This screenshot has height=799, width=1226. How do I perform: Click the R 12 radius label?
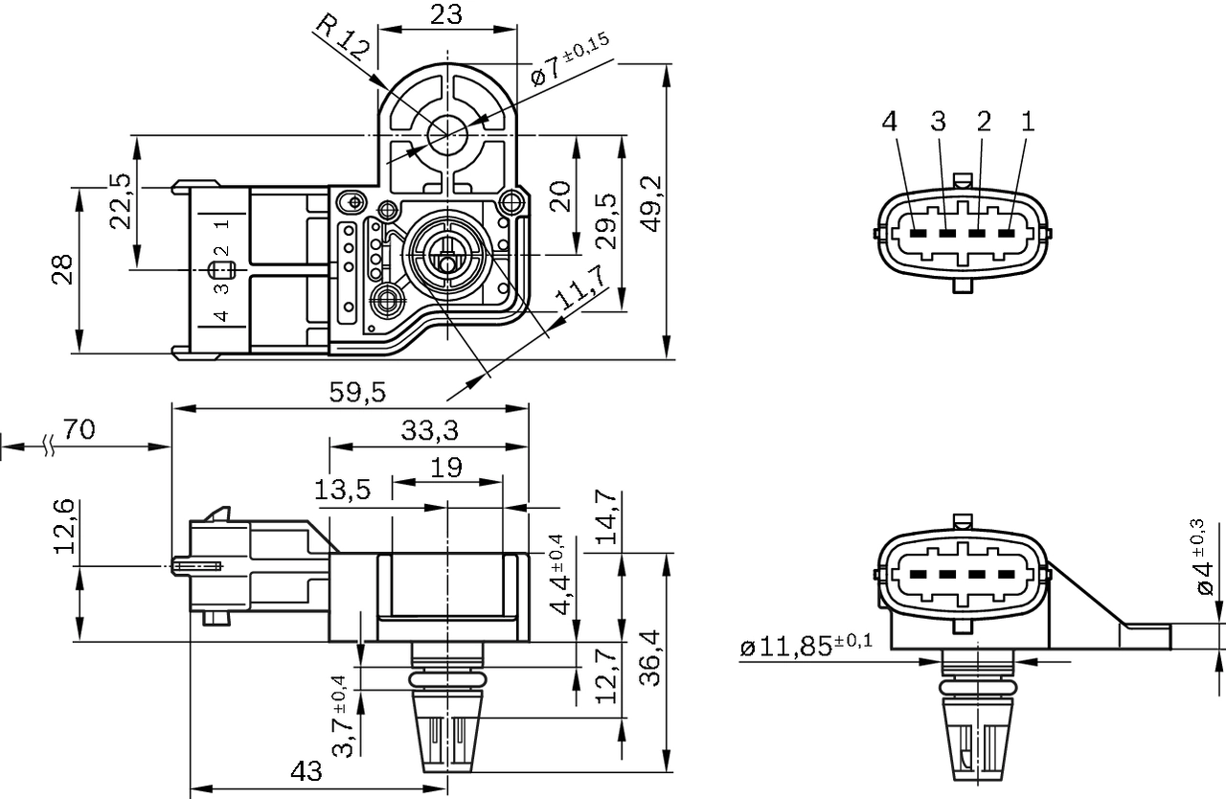pyautogui.click(x=341, y=38)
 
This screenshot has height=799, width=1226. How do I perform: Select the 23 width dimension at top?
pyautogui.click(x=446, y=13)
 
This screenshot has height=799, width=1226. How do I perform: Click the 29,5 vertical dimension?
pyautogui.click(x=607, y=220)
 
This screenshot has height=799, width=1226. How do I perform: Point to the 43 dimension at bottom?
pyautogui.click(x=306, y=771)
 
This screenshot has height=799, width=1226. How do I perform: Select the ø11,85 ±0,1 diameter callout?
pyautogui.click(x=806, y=646)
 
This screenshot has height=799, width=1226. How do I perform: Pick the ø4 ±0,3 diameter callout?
pyautogui.click(x=1206, y=558)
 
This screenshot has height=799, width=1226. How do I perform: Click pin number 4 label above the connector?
pyautogui.click(x=891, y=121)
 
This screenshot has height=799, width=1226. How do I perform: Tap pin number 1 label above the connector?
pyautogui.click(x=1028, y=121)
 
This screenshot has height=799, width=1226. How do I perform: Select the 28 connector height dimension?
pyautogui.click(x=60, y=270)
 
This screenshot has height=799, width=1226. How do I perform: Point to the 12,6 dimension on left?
pyautogui.click(x=63, y=527)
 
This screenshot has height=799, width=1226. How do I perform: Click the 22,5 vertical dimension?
pyautogui.click(x=120, y=201)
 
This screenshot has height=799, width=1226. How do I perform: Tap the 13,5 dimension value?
pyautogui.click(x=343, y=490)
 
